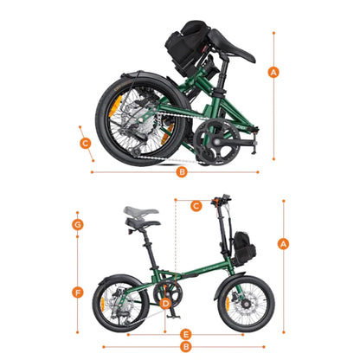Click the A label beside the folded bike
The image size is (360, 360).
coord(273,72)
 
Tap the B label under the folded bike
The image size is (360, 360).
coord(182,172)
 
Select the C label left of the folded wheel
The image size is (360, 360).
coord(86,143)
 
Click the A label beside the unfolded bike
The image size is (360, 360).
coord(283,244)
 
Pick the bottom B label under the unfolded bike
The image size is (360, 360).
coord(186,347)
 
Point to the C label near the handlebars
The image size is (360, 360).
coord(196,206)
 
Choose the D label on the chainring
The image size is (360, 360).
coord(165,304)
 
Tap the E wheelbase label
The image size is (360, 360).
coord(186,335)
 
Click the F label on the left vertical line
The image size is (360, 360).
coord(78,292)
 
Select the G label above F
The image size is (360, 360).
coord(78,224)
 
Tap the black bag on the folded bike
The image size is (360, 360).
coord(188,45)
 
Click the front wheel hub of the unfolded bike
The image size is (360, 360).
coord(246,304)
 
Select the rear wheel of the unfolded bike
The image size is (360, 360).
coord(120,304)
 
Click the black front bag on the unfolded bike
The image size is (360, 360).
coord(244,248)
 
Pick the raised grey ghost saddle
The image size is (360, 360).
coord(141,211)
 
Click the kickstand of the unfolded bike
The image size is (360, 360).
coord(172,313)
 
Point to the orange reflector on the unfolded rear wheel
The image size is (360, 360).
coord(102,304)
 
